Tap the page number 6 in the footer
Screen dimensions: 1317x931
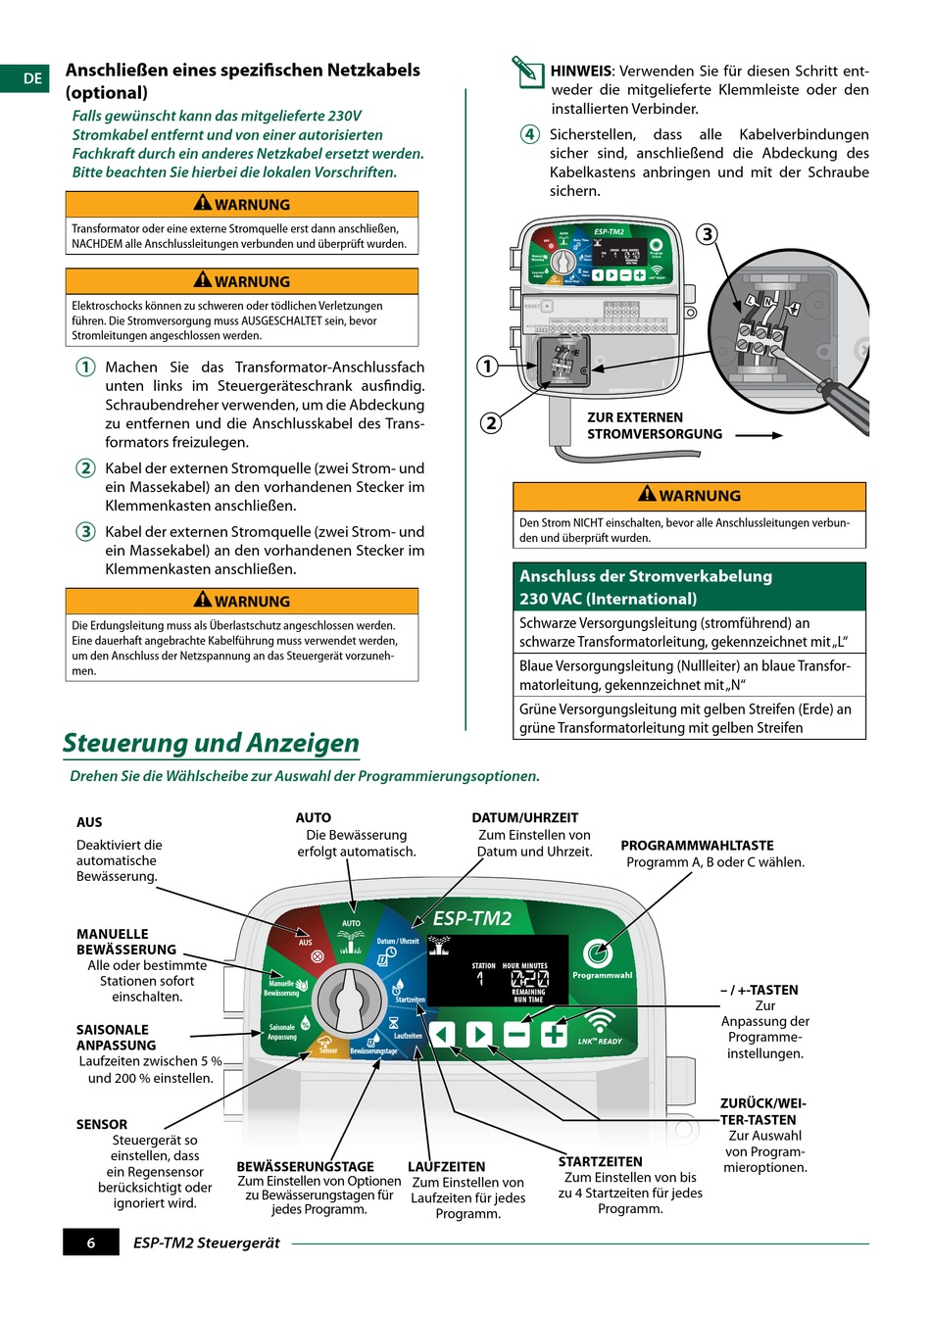pos(91,1243)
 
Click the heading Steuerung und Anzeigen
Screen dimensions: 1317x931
pos(211,743)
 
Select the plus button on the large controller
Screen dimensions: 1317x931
pos(554,1034)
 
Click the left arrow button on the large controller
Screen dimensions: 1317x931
pos(443,1034)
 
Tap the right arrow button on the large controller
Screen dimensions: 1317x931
pos(479,1034)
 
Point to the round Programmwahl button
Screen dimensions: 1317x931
pos(597,952)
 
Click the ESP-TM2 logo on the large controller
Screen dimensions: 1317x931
pos(472,918)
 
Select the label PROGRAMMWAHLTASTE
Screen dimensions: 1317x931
pos(697,845)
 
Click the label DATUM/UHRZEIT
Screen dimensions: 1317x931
pos(525,817)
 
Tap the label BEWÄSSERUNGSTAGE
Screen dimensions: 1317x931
pos(305,1166)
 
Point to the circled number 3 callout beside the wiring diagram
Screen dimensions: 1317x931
pos(707,234)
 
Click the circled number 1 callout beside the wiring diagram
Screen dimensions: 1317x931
pos(487,366)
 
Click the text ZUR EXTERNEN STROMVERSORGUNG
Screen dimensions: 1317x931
pos(654,425)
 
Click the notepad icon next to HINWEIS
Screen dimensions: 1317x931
pos(526,72)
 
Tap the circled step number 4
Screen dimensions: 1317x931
pos(529,134)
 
